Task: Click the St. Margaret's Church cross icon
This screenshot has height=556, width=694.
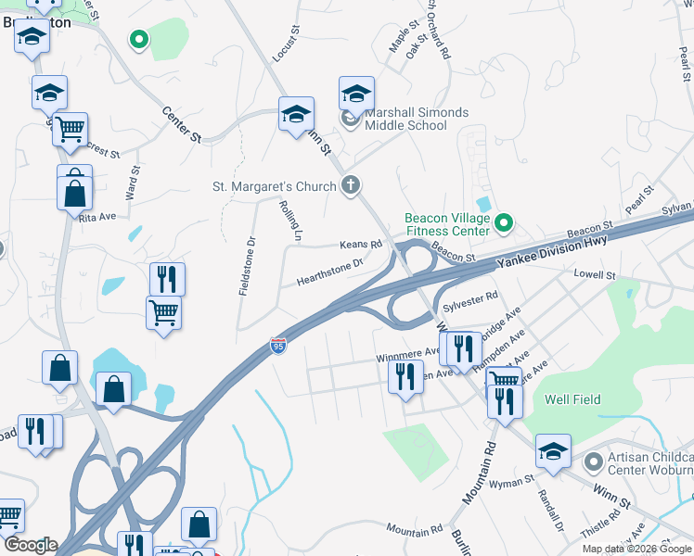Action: pos(350,185)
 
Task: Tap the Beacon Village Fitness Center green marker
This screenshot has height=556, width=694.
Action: pos(503,223)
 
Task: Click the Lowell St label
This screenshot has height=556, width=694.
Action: pos(595,275)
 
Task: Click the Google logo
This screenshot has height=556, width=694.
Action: pos(30,545)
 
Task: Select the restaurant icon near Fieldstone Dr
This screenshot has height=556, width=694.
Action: pos(168,278)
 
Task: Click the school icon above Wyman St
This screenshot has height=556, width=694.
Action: pos(553,450)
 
